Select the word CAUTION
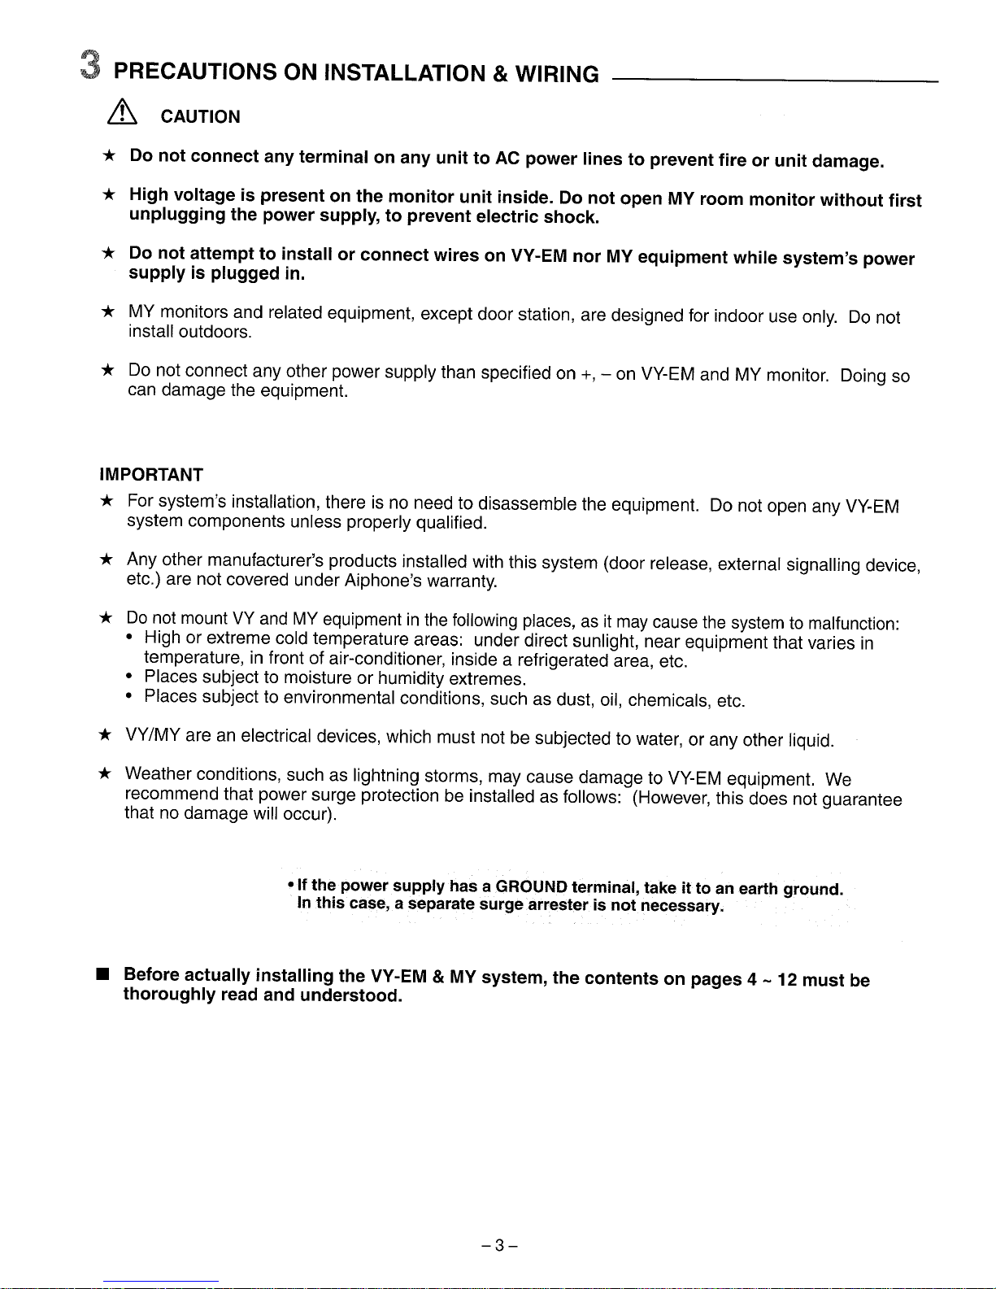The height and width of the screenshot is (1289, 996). (200, 117)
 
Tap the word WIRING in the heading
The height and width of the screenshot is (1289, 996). (557, 75)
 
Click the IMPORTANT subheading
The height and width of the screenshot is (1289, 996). (150, 475)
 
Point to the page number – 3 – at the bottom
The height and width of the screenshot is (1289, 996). (499, 1245)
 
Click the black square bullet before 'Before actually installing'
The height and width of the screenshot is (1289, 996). (103, 973)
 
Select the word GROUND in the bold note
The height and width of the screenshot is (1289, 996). (532, 886)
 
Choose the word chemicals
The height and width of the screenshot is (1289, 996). (669, 700)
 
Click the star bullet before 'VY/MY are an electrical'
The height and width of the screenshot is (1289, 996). (105, 735)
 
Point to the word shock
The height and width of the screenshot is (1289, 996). (571, 218)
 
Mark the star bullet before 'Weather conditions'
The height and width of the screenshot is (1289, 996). (105, 773)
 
